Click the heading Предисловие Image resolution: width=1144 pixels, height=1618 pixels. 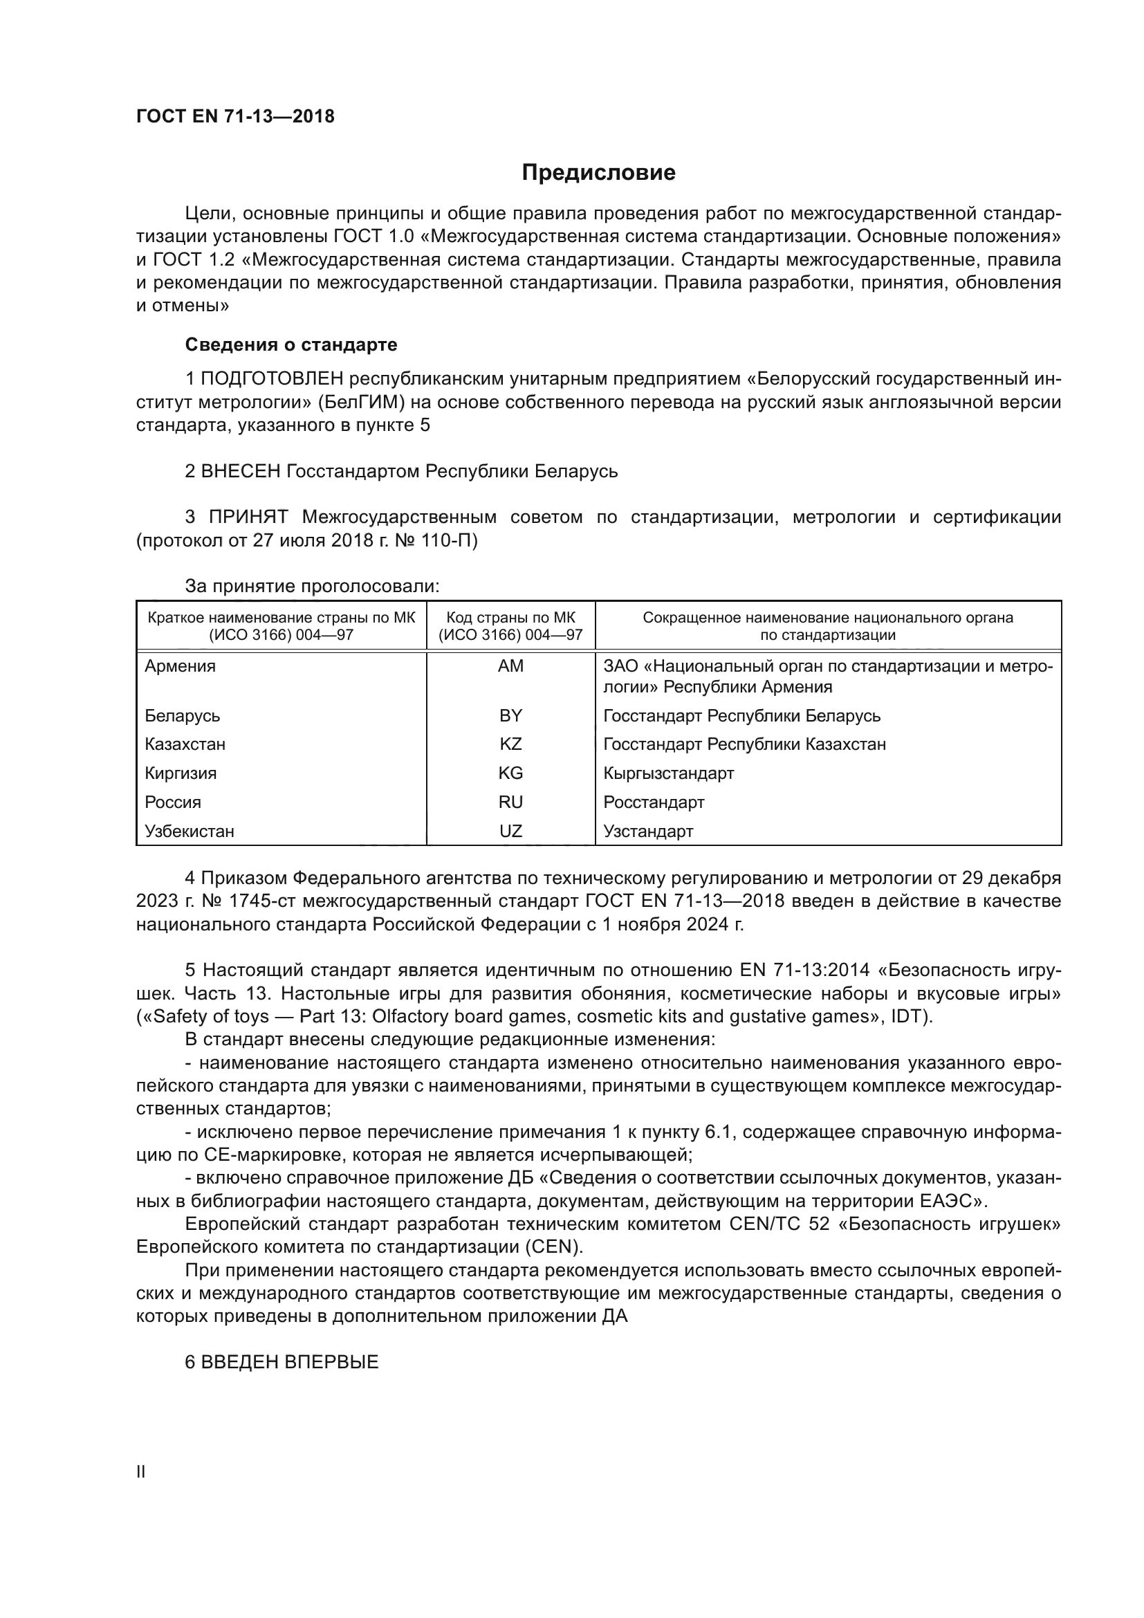[598, 173]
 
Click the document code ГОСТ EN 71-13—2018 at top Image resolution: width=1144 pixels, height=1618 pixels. [235, 116]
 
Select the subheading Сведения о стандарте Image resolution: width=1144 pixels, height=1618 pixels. [291, 344]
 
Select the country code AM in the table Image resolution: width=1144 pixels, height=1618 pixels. [510, 666]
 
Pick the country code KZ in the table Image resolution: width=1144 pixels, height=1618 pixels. [510, 744]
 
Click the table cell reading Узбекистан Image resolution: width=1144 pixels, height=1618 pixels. [190, 831]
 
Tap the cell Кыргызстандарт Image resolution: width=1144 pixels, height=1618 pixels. [669, 773]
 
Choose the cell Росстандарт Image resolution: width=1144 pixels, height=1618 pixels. [654, 802]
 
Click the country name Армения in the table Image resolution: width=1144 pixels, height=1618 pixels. [181, 666]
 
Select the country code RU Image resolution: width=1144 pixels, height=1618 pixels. [510, 802]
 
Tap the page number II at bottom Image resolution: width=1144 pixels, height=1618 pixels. [140, 1472]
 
